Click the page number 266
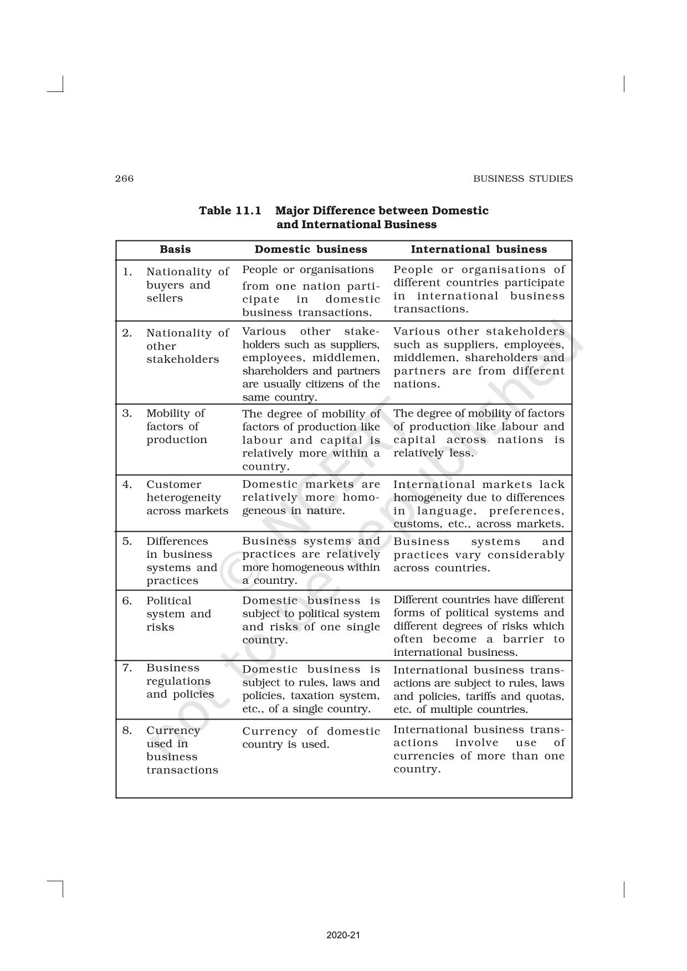pyautogui.click(x=124, y=178)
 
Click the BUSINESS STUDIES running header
pyautogui.click(x=522, y=178)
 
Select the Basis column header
pyautogui.click(x=175, y=249)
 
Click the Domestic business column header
pyautogui.click(x=311, y=249)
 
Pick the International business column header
pyautogui.click(x=479, y=249)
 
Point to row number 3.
pyautogui.click(x=127, y=413)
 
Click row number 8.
pyautogui.click(x=127, y=730)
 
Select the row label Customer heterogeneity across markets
pyautogui.click(x=187, y=497)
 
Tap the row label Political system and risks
pyautogui.click(x=178, y=614)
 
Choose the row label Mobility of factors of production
pyautogui.click(x=176, y=427)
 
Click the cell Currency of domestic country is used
pyautogui.click(x=311, y=738)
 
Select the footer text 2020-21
pyautogui.click(x=343, y=935)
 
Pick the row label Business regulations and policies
pyautogui.click(x=180, y=681)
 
